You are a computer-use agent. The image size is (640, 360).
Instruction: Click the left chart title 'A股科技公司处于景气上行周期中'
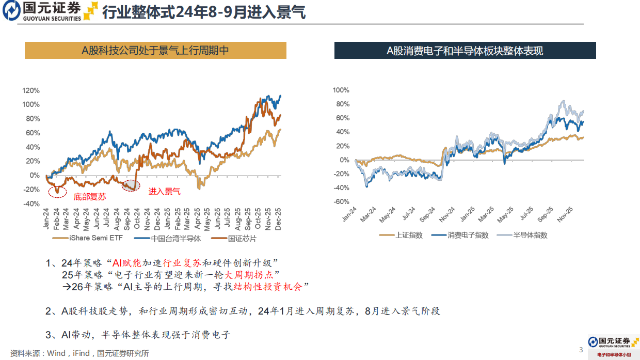click(x=155, y=50)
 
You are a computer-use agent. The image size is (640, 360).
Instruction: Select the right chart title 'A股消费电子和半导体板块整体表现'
click(x=465, y=51)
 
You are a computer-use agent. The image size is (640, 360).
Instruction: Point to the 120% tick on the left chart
click(x=31, y=90)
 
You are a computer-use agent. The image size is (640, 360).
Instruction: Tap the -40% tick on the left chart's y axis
click(x=31, y=204)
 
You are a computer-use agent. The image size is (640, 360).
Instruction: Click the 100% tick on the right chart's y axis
click(x=341, y=90)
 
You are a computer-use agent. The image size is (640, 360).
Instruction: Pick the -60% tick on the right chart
click(x=341, y=202)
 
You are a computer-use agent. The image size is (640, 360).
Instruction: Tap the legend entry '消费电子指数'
click(x=462, y=235)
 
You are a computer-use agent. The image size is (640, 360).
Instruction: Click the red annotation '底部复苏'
click(x=91, y=197)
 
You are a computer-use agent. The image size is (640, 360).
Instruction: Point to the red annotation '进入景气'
click(x=165, y=192)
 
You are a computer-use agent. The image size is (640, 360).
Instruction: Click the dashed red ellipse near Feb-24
click(x=58, y=192)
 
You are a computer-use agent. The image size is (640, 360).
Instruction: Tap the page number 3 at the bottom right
click(x=581, y=350)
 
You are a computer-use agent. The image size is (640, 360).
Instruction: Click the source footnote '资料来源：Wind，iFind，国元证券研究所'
click(x=79, y=353)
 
